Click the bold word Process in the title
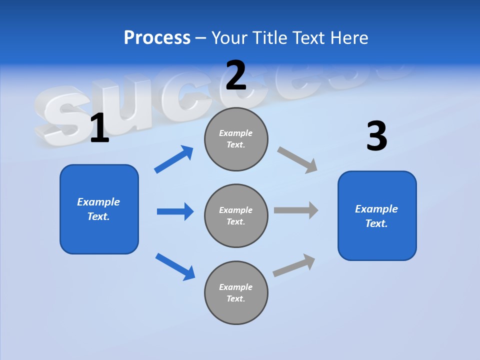pos(157,38)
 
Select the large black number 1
pos(99,128)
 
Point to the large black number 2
pos(236,75)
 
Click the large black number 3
pos(376,136)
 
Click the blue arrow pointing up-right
pos(174,159)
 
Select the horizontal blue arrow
pos(175,211)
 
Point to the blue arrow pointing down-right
pos(175,266)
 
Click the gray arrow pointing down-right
pos(297,160)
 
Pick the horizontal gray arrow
pos(295,210)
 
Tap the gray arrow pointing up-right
pos(294,265)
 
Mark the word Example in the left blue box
pos(98,202)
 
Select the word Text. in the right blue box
pos(376,223)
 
